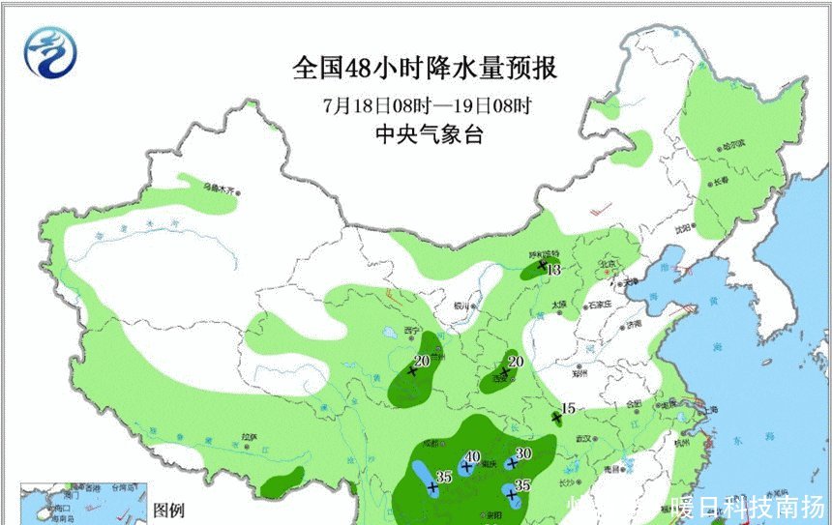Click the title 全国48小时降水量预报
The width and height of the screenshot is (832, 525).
point(425,70)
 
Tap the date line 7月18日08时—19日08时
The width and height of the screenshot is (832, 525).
point(425,104)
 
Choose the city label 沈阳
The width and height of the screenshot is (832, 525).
point(685,229)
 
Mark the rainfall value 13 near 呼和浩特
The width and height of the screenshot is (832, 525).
point(554,271)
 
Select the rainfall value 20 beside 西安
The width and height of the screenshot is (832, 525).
point(516,361)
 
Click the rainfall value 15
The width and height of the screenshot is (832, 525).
point(568,409)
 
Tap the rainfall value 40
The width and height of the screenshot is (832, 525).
point(473,457)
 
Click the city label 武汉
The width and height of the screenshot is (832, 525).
point(583,439)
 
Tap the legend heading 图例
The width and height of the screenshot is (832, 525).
point(169,510)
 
